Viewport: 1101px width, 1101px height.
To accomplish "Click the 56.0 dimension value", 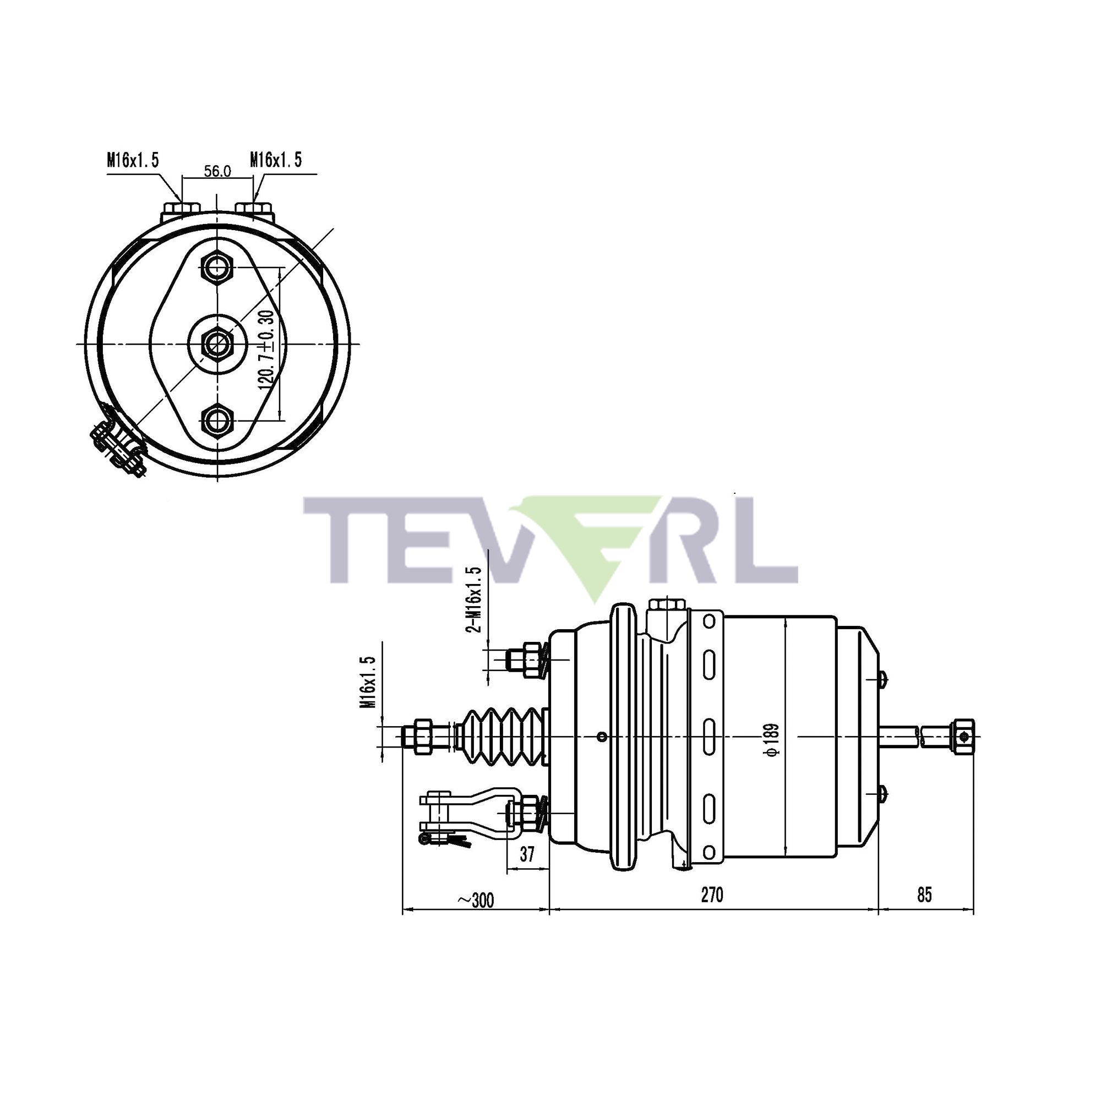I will tap(217, 171).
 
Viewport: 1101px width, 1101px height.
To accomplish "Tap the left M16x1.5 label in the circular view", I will tap(132, 160).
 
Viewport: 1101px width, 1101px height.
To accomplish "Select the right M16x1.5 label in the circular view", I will tap(275, 160).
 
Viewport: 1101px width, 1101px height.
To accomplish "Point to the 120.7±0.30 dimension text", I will tap(266, 350).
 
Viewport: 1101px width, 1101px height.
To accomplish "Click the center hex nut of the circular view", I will tap(217, 344).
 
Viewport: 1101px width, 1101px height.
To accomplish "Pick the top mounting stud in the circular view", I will tap(217, 266).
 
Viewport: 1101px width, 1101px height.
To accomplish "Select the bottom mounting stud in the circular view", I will tap(217, 421).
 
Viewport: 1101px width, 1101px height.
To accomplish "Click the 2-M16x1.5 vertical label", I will tap(474, 599).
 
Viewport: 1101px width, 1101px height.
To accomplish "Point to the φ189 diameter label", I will tap(772, 740).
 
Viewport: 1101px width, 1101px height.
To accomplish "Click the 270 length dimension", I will tap(712, 895).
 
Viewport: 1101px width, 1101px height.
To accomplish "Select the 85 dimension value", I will tap(924, 895).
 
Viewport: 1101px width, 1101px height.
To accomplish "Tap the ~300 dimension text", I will tap(475, 901).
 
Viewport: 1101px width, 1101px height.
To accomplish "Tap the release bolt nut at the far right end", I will tap(962, 737).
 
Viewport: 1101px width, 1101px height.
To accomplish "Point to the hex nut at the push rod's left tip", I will tap(423, 736).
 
